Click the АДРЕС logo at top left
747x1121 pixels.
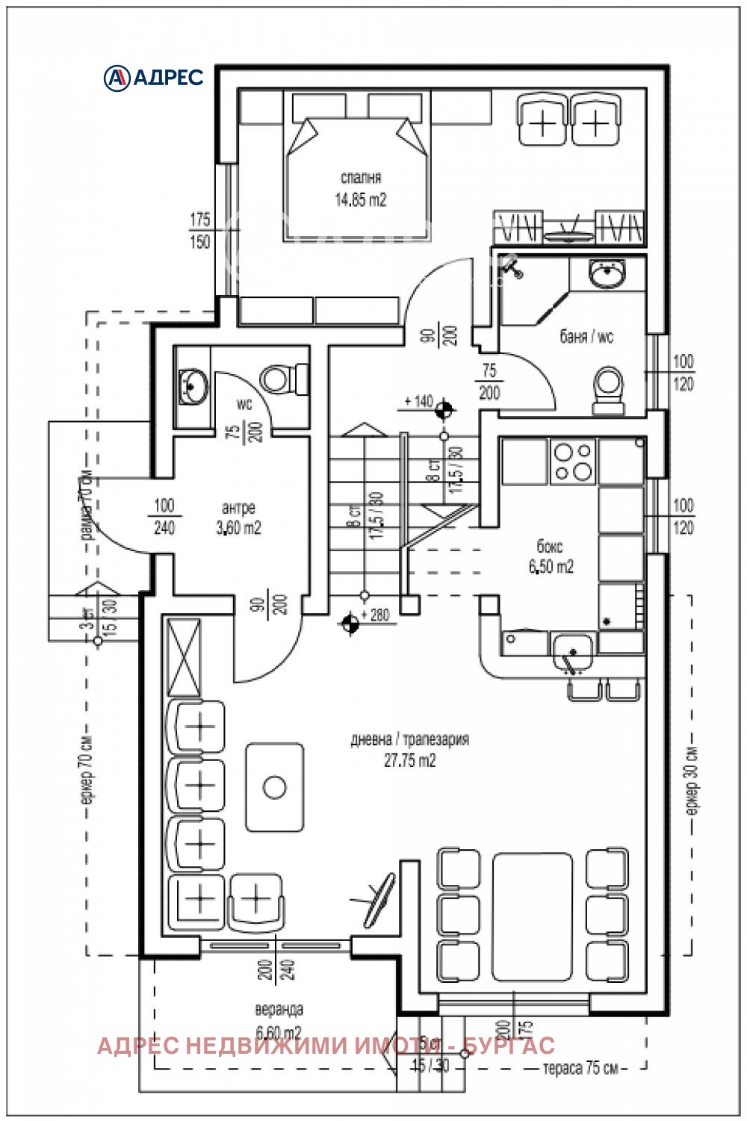[x=153, y=77]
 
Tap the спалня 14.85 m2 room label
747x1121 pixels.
[x=360, y=189]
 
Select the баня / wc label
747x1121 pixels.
[x=586, y=337]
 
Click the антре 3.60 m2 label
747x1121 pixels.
[x=238, y=518]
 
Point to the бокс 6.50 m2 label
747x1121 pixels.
[x=551, y=556]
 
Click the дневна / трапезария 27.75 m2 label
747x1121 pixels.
[x=409, y=750]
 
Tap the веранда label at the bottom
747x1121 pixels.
[x=279, y=1010]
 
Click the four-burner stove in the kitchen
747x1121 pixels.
[x=572, y=461]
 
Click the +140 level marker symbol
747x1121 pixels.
[x=444, y=408]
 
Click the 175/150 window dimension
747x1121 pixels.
[x=199, y=231]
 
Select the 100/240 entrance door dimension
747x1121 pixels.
[x=164, y=517]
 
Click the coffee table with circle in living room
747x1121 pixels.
[x=275, y=787]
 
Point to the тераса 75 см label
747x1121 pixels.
[x=580, y=1068]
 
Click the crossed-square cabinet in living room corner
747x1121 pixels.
[x=184, y=657]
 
